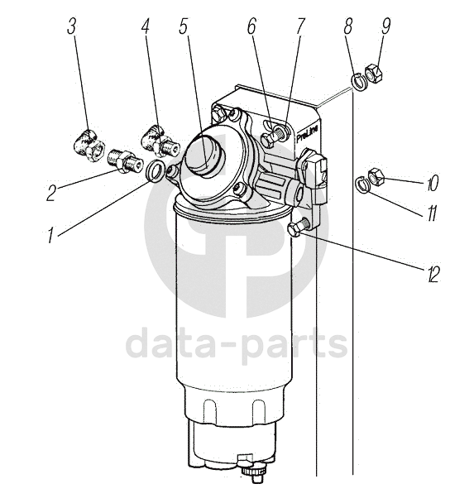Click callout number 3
click(71, 26)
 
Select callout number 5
click(183, 26)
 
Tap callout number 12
click(433, 275)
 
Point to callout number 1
click(50, 235)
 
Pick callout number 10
click(432, 184)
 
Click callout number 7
click(299, 26)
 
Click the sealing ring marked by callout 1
click(156, 170)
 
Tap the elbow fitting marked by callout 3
click(87, 144)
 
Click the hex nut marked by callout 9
click(374, 74)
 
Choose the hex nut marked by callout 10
click(376, 176)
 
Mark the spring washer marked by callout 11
click(362, 184)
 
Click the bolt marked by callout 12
click(299, 227)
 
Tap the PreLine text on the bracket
click(307, 134)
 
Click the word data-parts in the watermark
click(237, 343)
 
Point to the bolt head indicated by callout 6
click(267, 141)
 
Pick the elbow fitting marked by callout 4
click(160, 141)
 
